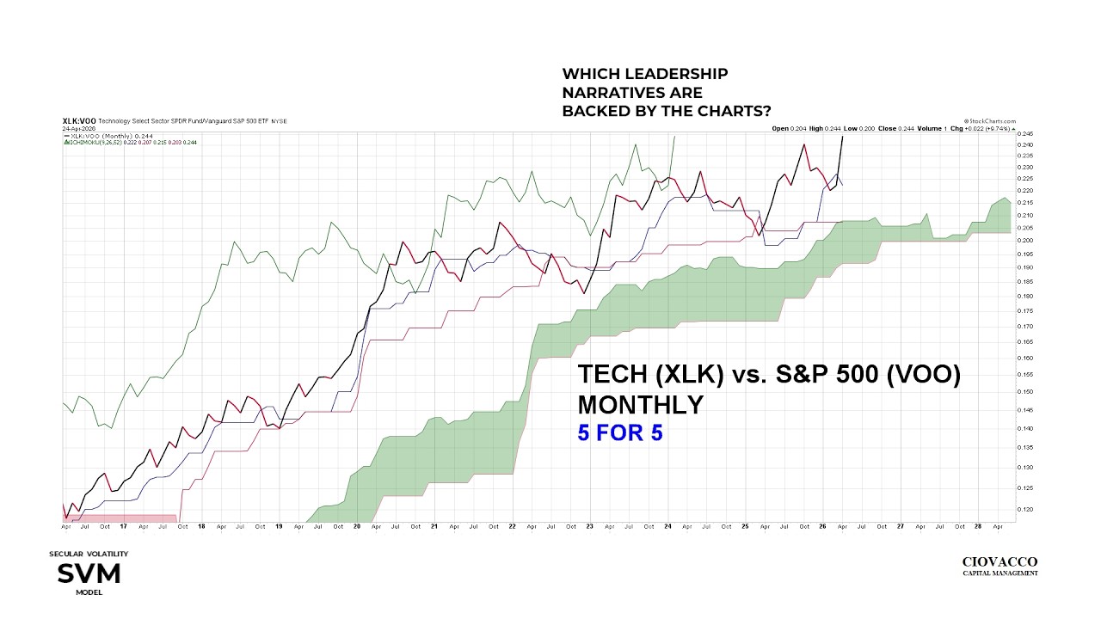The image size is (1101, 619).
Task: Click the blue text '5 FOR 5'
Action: click(619, 432)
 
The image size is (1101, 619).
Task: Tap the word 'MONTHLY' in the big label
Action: click(640, 404)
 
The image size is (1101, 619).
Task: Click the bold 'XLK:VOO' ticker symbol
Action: click(79, 121)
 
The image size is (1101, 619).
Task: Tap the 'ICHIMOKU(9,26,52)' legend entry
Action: click(95, 142)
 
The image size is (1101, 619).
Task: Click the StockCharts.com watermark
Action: click(991, 121)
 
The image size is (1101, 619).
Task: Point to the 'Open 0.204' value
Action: click(789, 129)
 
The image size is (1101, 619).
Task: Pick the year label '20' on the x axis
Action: click(357, 526)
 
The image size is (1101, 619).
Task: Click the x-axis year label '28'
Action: click(978, 526)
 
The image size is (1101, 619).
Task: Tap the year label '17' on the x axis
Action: click(123, 526)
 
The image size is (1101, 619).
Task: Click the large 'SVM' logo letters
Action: click(89, 573)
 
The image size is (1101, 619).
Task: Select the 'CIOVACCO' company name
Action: click(999, 562)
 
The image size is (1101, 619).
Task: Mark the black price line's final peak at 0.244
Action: click(842, 137)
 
